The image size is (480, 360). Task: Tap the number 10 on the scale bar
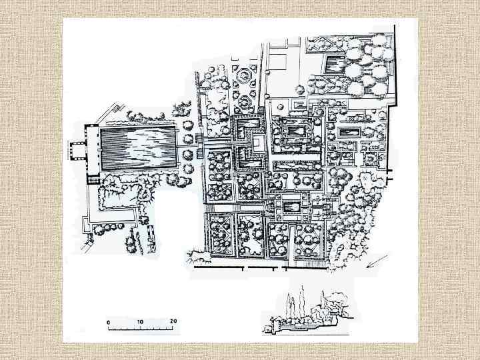tap(140, 321)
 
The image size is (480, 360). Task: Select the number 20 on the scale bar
tap(172, 321)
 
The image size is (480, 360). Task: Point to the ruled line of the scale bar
tap(141, 329)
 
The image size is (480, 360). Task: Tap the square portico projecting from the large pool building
tap(79, 150)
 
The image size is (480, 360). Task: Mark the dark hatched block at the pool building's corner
tap(93, 179)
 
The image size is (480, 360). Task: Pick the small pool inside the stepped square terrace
tap(293, 209)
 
